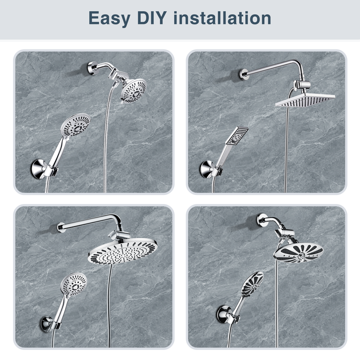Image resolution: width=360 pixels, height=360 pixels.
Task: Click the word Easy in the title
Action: [111, 18]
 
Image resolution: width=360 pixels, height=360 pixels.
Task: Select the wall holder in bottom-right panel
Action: [222, 314]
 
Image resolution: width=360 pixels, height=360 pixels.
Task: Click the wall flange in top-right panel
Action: [244, 73]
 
